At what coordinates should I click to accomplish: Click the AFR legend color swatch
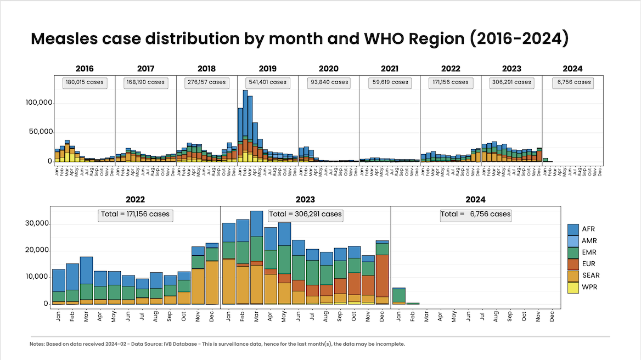[573, 229]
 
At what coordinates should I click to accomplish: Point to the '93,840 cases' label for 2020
[328, 82]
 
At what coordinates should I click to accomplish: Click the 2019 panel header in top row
[267, 69]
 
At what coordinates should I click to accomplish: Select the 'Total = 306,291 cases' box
[305, 214]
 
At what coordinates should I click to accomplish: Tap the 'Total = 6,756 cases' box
[475, 214]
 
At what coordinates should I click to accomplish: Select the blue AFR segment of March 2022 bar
[86, 270]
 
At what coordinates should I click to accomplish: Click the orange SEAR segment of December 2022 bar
[212, 282]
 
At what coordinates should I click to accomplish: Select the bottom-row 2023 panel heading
[305, 200]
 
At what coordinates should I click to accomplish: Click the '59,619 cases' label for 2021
[389, 82]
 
